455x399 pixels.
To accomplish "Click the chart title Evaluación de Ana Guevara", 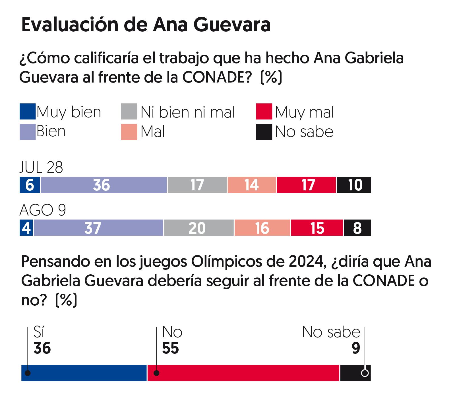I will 146,25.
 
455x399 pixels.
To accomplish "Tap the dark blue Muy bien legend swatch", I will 28,112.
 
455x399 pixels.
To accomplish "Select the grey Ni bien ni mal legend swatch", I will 129,112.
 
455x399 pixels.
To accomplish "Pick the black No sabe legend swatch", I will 264,132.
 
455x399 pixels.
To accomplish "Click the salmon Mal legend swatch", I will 129,132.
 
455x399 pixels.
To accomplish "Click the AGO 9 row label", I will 43,210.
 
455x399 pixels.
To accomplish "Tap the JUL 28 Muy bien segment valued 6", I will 30,185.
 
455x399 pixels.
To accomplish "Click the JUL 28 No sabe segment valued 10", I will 354,185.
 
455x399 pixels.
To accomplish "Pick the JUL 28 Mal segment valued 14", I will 252,185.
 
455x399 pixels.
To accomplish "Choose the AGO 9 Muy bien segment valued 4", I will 26,228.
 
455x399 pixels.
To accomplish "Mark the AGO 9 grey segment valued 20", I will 198,228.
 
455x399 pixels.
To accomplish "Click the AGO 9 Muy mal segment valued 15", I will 317,228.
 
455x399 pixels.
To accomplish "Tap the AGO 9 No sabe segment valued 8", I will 357,228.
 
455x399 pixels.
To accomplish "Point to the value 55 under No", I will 170,348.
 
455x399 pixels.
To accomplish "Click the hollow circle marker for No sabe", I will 365,373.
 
